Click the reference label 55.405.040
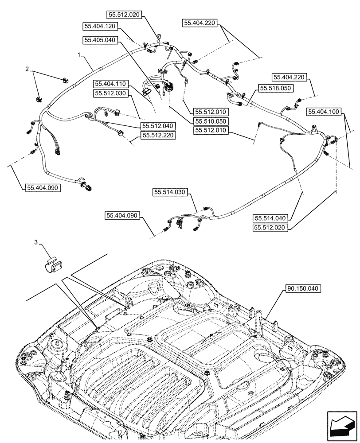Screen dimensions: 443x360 (x=99, y=40)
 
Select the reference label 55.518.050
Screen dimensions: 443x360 (x=275, y=89)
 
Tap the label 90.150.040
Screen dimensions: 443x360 (x=302, y=288)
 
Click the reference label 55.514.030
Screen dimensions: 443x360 (x=171, y=192)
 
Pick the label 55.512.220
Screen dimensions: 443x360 (x=158, y=136)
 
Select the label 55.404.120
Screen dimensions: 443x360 (x=99, y=26)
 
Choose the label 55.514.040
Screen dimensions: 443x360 (x=271, y=218)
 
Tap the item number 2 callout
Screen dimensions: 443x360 (x=27, y=70)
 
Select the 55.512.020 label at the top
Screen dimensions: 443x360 (x=123, y=15)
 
